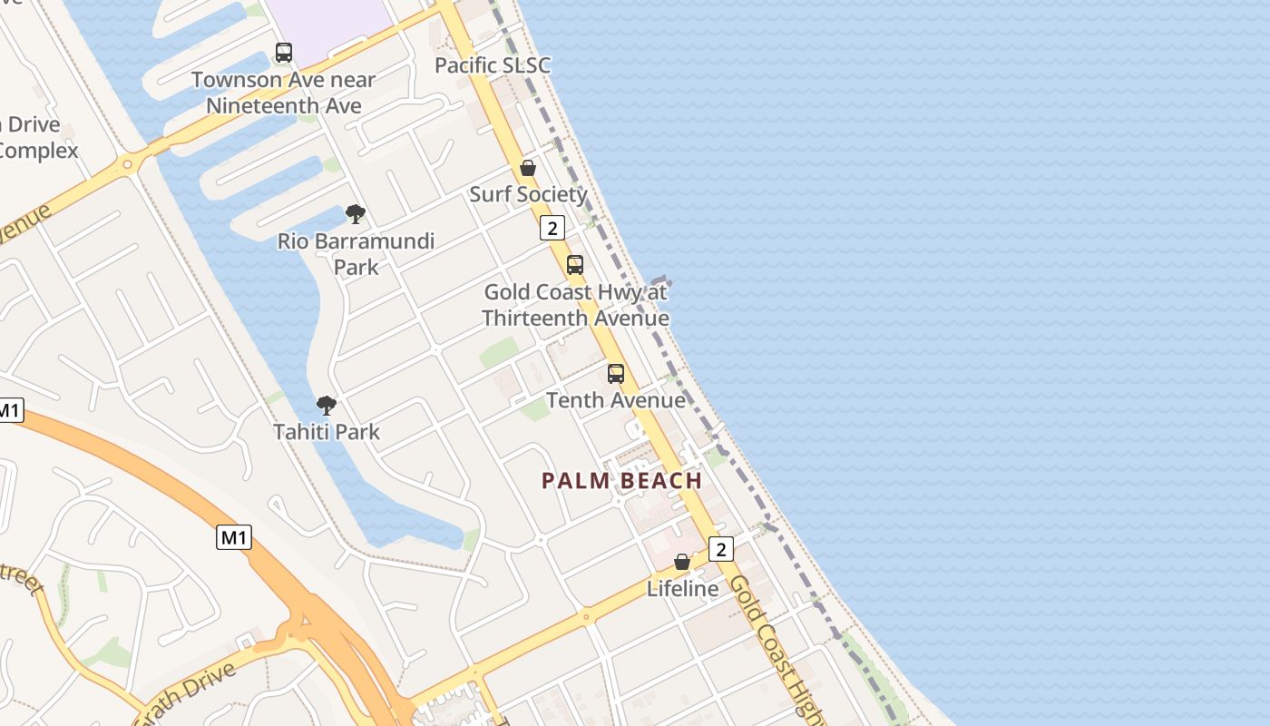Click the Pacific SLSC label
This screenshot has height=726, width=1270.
[x=492, y=65]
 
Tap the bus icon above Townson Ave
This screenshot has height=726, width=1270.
[x=284, y=53]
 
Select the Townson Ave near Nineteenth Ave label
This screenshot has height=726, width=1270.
[x=283, y=93]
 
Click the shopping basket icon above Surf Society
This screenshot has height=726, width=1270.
[x=528, y=168]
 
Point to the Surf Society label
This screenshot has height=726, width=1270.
[x=528, y=194]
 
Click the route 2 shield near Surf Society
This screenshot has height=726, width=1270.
[x=552, y=228]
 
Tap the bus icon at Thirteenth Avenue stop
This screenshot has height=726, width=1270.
[x=575, y=265]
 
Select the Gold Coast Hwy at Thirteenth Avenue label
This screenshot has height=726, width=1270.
[x=575, y=305]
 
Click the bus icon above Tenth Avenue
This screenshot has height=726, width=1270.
[x=616, y=373]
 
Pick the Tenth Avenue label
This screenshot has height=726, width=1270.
[x=616, y=400]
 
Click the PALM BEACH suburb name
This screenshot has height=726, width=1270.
[x=622, y=481]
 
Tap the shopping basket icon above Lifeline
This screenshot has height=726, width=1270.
[x=682, y=562]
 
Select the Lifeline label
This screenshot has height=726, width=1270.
[x=682, y=589]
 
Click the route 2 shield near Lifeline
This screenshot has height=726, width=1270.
[x=720, y=549]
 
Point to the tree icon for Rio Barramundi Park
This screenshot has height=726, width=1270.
[x=356, y=214]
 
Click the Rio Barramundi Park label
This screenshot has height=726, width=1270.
[x=356, y=254]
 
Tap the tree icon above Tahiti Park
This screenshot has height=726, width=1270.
[x=327, y=405]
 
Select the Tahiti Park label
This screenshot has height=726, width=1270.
[x=327, y=432]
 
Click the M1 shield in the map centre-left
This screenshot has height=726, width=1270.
[x=234, y=537]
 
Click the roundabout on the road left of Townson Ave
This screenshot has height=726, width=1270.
[x=127, y=165]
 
